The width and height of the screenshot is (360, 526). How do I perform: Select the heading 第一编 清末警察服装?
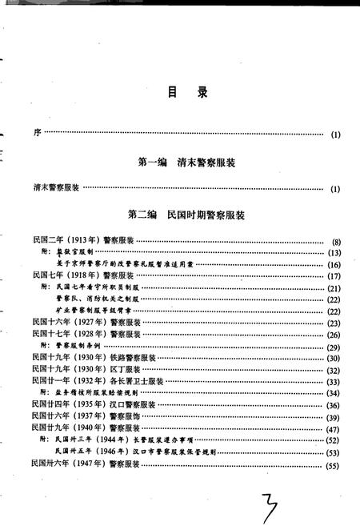186,163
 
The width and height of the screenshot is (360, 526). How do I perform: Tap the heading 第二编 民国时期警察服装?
186,215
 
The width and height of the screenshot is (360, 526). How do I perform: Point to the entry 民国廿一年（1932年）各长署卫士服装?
98,381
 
